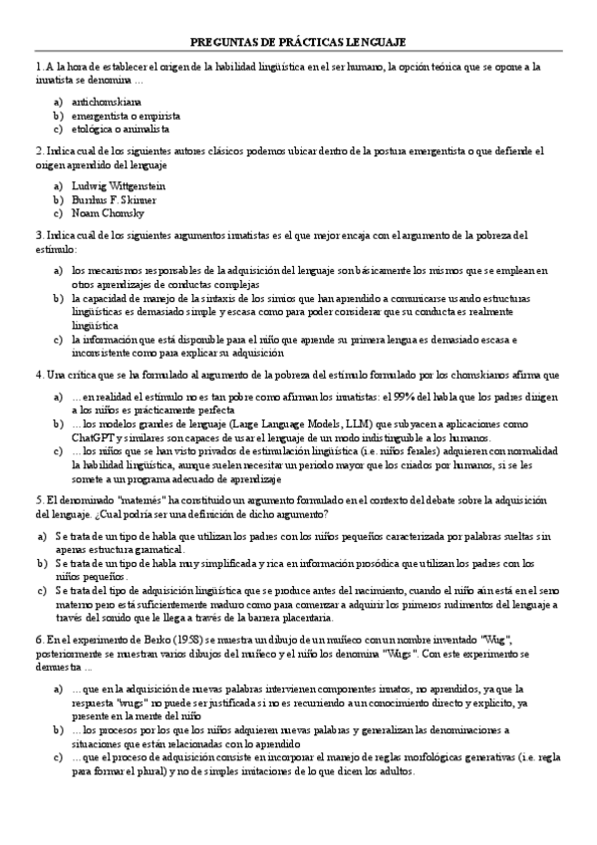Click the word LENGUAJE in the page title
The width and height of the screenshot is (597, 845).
(x=376, y=41)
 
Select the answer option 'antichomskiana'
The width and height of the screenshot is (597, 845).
(x=107, y=102)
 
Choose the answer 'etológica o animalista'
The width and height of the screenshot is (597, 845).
(x=121, y=130)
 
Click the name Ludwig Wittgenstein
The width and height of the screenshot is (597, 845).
(x=119, y=185)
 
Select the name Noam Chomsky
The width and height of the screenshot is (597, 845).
(x=108, y=213)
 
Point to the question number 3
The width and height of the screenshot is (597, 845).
(x=37, y=235)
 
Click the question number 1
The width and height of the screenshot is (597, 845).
(x=37, y=67)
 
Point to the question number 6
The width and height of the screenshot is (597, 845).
(x=37, y=639)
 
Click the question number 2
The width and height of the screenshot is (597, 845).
(x=37, y=151)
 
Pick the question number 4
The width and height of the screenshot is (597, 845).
(x=37, y=375)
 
